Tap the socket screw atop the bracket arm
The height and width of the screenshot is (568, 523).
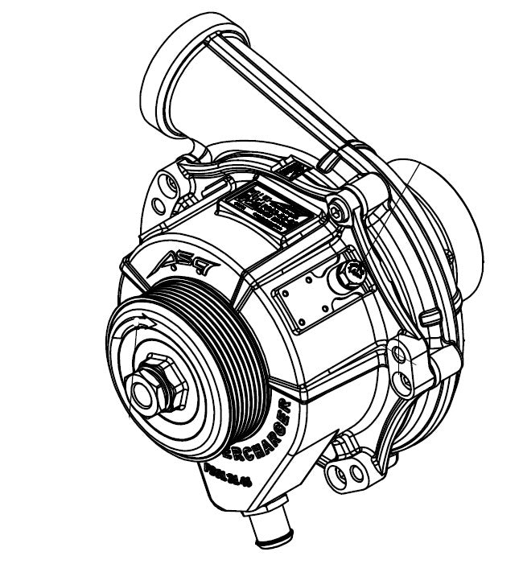coord(336,212)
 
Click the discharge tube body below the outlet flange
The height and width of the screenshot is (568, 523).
coord(266,113)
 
